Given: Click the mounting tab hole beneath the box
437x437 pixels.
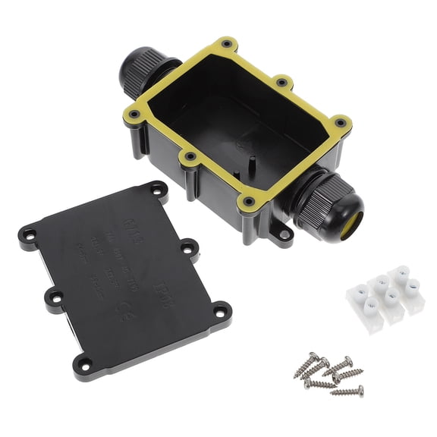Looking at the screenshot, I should (x=285, y=234).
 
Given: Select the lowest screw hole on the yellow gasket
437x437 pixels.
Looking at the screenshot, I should (x=248, y=202).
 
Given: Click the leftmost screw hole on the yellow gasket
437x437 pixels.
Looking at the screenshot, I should (x=134, y=115).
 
